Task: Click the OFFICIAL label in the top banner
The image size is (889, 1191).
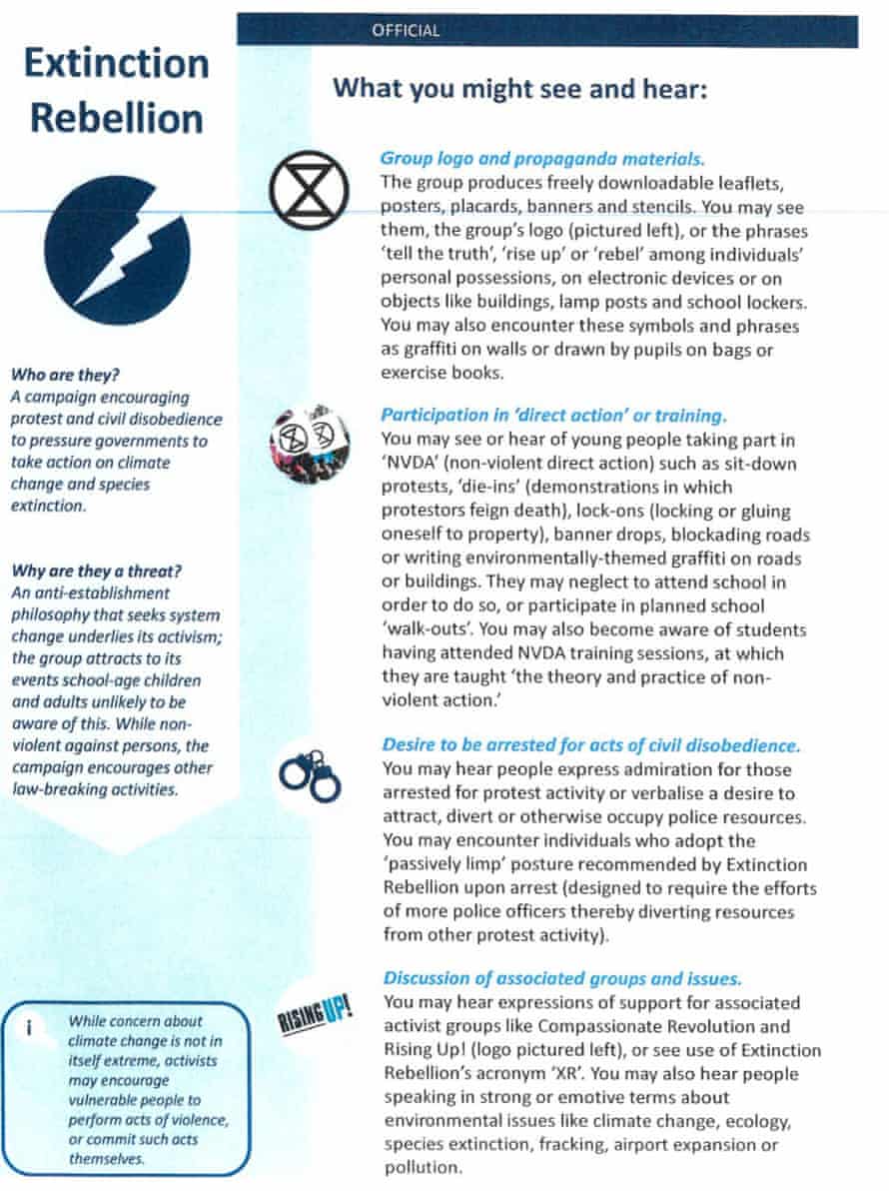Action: click(x=405, y=31)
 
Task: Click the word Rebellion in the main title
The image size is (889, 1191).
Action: click(x=116, y=118)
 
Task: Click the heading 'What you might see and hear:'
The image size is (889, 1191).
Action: click(x=519, y=89)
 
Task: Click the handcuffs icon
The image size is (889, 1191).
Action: click(x=309, y=775)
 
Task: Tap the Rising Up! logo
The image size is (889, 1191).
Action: click(x=313, y=1018)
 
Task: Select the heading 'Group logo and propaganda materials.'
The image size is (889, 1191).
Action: click(x=542, y=158)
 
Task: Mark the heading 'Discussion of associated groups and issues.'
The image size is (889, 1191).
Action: click(x=560, y=978)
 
